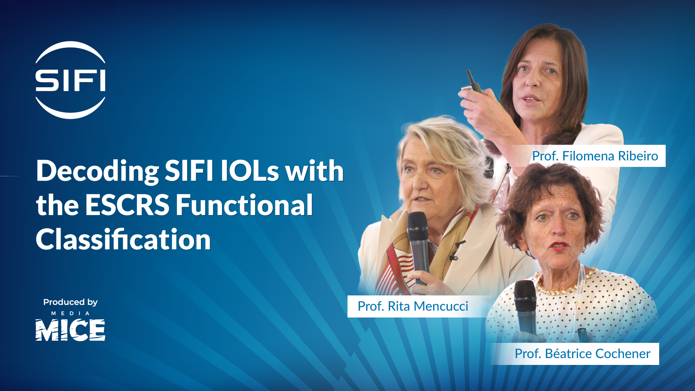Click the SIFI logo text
70,80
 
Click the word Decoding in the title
97,171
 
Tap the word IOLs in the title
250,171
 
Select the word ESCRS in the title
127,205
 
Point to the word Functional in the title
244,205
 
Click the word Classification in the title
123,240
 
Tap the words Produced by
70,302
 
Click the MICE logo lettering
70,330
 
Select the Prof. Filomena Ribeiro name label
595,156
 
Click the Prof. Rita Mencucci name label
413,306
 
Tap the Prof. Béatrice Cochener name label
582,354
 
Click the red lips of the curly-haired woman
559,246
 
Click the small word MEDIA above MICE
70,314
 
